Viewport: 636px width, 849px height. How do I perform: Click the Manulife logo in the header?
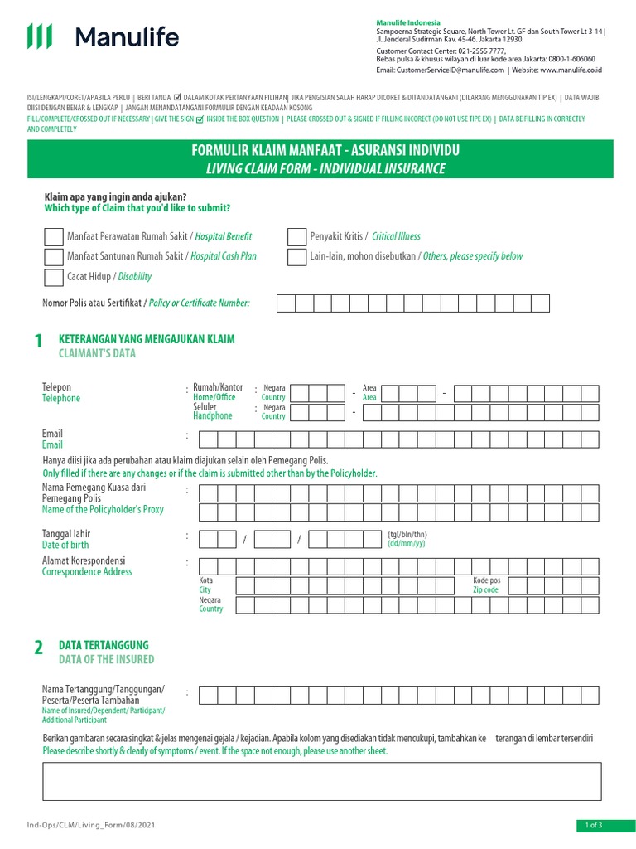[x=103, y=36]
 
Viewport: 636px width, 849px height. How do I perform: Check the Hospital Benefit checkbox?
[x=54, y=236]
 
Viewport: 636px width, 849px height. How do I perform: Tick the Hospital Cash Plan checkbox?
[x=54, y=256]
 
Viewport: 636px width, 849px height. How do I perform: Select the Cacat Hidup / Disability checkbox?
[x=54, y=277]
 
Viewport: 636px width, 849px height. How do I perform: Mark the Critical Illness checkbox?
[x=296, y=236]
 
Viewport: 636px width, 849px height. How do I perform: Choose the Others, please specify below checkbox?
[x=296, y=256]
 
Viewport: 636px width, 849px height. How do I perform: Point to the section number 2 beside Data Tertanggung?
[x=38, y=650]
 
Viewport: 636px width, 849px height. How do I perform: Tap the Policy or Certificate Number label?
[x=199, y=303]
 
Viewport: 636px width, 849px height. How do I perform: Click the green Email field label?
[x=52, y=445]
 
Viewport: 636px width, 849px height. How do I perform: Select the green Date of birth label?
[x=65, y=545]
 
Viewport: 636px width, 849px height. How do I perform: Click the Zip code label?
[x=485, y=590]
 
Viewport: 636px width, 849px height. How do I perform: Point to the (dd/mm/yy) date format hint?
[x=407, y=543]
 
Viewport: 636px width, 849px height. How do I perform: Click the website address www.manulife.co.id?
[x=571, y=70]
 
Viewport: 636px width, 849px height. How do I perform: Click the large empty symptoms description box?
[x=322, y=781]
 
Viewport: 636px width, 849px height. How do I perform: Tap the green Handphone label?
[x=213, y=416]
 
